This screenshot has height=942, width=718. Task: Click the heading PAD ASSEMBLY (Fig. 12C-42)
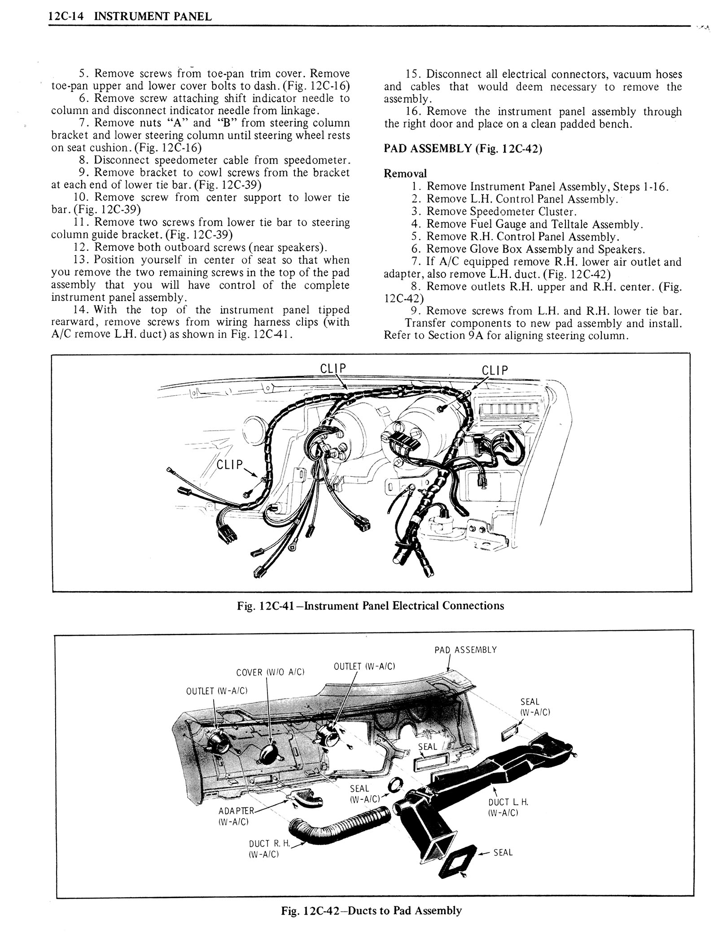463,149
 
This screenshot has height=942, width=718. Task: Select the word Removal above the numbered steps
405,174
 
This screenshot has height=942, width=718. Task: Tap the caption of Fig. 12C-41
370,606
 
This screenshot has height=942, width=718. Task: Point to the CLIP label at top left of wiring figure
333,368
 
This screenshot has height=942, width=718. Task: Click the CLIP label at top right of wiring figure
495,371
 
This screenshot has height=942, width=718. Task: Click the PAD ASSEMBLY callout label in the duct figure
465,650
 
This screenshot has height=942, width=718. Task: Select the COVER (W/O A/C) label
270,672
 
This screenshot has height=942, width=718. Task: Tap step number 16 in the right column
414,112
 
